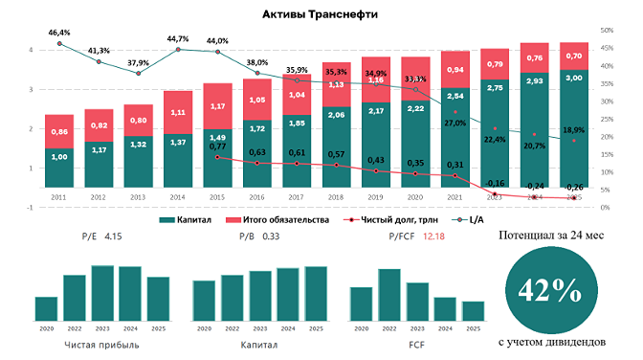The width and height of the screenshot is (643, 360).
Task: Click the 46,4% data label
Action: (59, 32)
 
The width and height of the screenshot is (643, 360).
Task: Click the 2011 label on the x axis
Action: (59, 198)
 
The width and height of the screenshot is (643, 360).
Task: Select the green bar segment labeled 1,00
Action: (59, 168)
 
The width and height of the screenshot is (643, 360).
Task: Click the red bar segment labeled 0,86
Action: (59, 131)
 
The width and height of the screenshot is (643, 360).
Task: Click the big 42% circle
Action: (544, 290)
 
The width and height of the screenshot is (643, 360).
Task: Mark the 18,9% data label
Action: (573, 129)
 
